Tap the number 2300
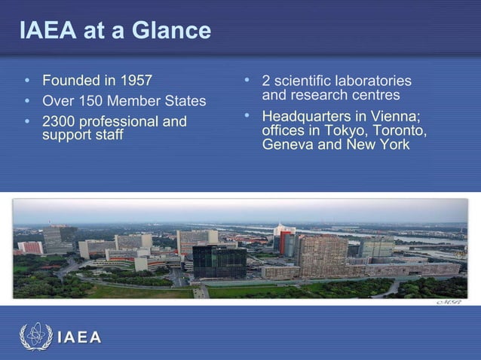(57, 121)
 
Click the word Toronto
(398, 130)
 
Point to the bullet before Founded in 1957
(27, 80)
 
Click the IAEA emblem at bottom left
(35, 337)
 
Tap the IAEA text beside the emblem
(79, 337)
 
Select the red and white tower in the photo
(283, 239)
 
